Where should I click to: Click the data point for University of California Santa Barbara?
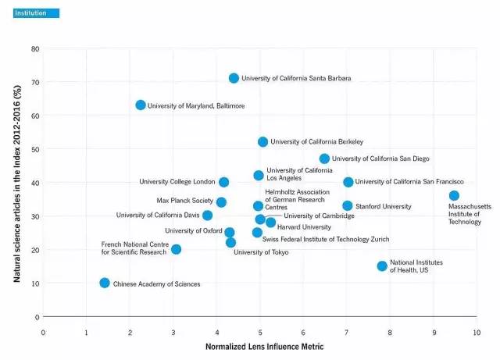click(x=234, y=78)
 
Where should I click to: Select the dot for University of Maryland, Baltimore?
click(x=141, y=105)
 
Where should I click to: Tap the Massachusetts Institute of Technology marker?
click(x=454, y=195)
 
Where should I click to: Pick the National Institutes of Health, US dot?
click(x=382, y=266)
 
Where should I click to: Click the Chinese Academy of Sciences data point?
click(x=105, y=283)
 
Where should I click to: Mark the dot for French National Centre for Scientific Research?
click(x=176, y=249)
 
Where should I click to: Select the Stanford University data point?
click(x=348, y=206)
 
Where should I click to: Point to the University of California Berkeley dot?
click(x=262, y=142)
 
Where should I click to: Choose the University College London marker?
click(x=224, y=182)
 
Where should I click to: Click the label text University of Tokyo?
click(x=261, y=252)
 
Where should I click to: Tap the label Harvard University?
click(x=304, y=226)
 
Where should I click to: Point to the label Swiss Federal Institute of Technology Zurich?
click(x=326, y=239)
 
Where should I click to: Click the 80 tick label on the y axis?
click(x=34, y=49)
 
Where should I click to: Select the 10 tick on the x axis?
click(x=477, y=333)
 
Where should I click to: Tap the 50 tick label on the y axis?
click(x=34, y=149)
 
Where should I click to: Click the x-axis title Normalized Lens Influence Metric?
click(x=259, y=346)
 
